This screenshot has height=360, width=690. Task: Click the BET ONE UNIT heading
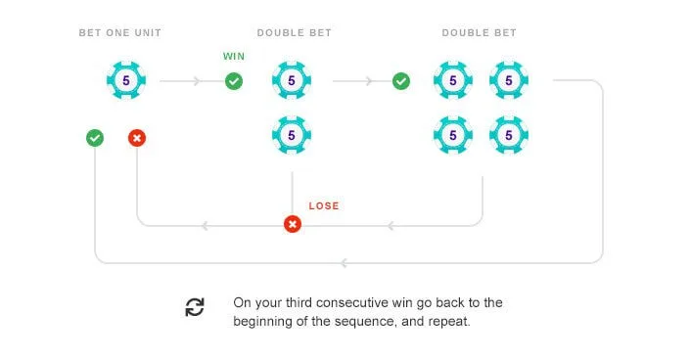tap(120, 33)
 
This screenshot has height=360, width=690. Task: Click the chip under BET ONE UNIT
tap(126, 80)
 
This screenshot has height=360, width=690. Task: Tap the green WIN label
tap(234, 57)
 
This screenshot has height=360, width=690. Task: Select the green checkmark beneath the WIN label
tap(234, 81)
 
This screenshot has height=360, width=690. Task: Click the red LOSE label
tap(324, 206)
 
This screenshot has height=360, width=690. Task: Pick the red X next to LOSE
tap(293, 224)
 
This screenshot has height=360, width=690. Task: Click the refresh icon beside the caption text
tap(195, 307)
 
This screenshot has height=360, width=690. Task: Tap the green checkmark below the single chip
tap(95, 138)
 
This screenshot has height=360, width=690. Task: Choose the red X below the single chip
tap(137, 138)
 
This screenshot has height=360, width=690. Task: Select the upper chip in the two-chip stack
tap(292, 80)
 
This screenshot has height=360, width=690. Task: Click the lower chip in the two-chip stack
tap(292, 135)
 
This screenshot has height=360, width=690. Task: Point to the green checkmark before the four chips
tap(401, 81)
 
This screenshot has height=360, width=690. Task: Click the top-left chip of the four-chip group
tap(453, 80)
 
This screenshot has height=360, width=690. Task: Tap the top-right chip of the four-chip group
tap(509, 80)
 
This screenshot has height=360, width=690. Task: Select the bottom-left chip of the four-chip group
tap(453, 135)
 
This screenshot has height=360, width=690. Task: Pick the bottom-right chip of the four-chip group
tap(509, 135)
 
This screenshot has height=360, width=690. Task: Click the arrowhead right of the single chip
tap(197, 81)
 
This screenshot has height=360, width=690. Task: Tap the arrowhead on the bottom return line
tap(345, 263)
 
